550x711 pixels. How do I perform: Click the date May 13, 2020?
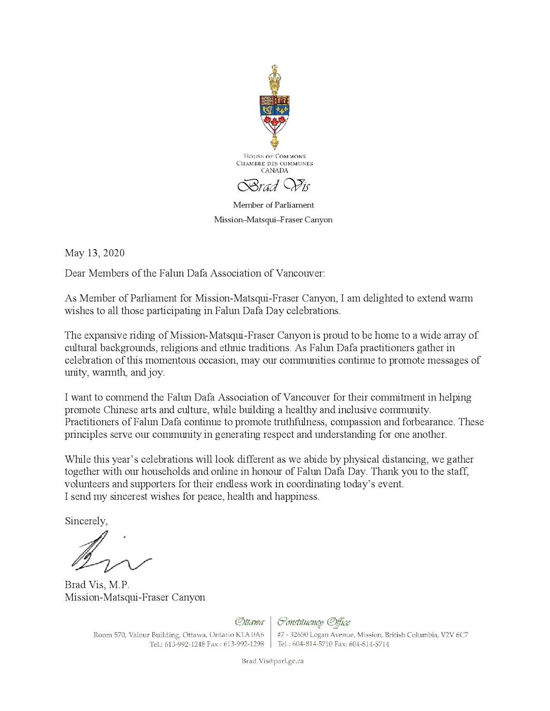[x=95, y=253]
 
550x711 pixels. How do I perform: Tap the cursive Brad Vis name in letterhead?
[x=274, y=186]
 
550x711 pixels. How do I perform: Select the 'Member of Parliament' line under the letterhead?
[x=274, y=205]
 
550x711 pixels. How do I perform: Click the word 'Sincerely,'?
[x=86, y=521]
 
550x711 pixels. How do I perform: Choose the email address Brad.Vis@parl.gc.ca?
[x=273, y=661]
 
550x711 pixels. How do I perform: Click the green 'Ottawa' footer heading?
[x=249, y=622]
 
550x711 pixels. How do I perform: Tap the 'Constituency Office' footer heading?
[x=314, y=622]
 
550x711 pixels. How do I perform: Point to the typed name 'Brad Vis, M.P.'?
[x=97, y=585]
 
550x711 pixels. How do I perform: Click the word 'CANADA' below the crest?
[x=274, y=171]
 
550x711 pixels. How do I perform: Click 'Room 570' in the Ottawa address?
[x=109, y=635]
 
